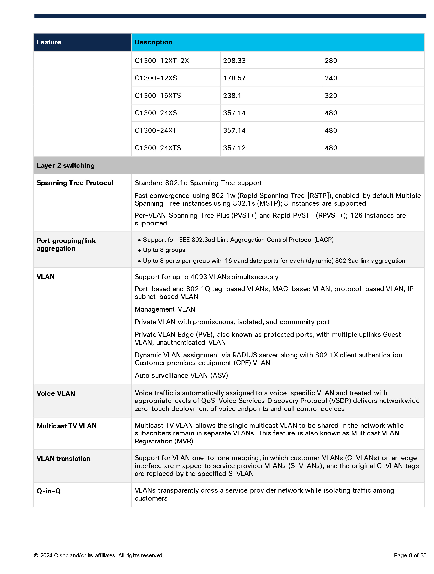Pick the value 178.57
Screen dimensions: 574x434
coord(234,78)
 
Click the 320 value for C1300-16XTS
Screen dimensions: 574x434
coord(331,95)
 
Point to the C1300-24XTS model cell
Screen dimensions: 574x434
coord(158,148)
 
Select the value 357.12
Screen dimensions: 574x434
coord(234,148)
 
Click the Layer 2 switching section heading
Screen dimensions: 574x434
coord(66,166)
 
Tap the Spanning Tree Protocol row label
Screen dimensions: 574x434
coord(75,183)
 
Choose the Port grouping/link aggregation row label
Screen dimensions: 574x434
coord(66,244)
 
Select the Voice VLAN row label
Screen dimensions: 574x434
coord(56,393)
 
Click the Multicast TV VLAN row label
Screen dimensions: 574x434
coord(67,426)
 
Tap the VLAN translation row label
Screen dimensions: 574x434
coord(63,459)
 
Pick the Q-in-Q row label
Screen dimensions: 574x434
coord(48,491)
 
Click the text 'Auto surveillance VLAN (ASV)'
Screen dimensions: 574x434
coord(181,376)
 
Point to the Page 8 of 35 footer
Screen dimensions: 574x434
coord(410,555)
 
